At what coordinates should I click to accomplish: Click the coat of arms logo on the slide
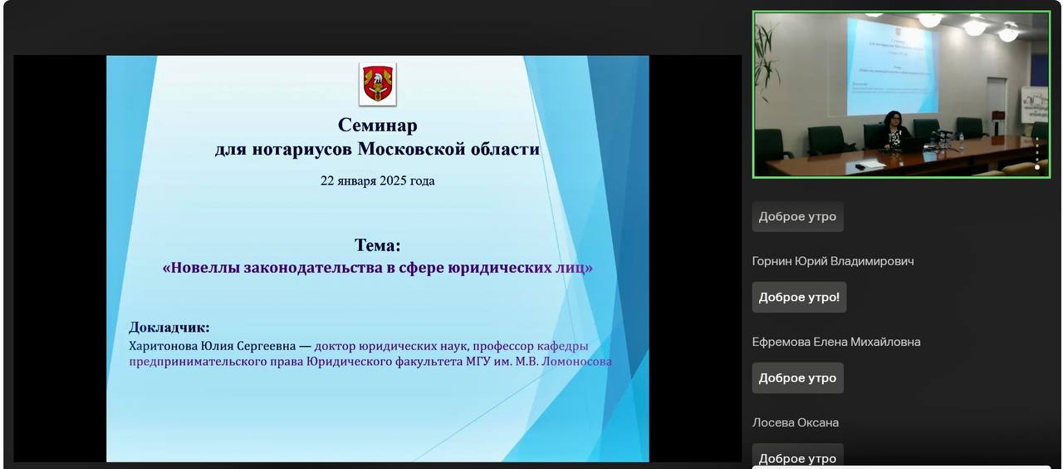(378, 84)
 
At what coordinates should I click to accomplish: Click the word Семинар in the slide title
(378, 125)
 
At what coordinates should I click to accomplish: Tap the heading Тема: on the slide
(378, 245)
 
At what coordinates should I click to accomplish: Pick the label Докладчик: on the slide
(169, 328)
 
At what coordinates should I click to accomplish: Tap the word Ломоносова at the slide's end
(576, 362)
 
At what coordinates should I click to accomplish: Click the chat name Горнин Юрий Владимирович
(833, 261)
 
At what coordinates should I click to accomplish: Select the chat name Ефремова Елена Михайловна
(836, 342)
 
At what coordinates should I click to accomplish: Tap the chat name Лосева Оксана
(796, 423)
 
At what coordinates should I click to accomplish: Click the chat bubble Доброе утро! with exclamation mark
(799, 298)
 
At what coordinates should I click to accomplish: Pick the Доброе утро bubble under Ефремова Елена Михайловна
(798, 378)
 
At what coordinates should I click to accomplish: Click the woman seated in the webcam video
(894, 130)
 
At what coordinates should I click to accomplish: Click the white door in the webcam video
(997, 105)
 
